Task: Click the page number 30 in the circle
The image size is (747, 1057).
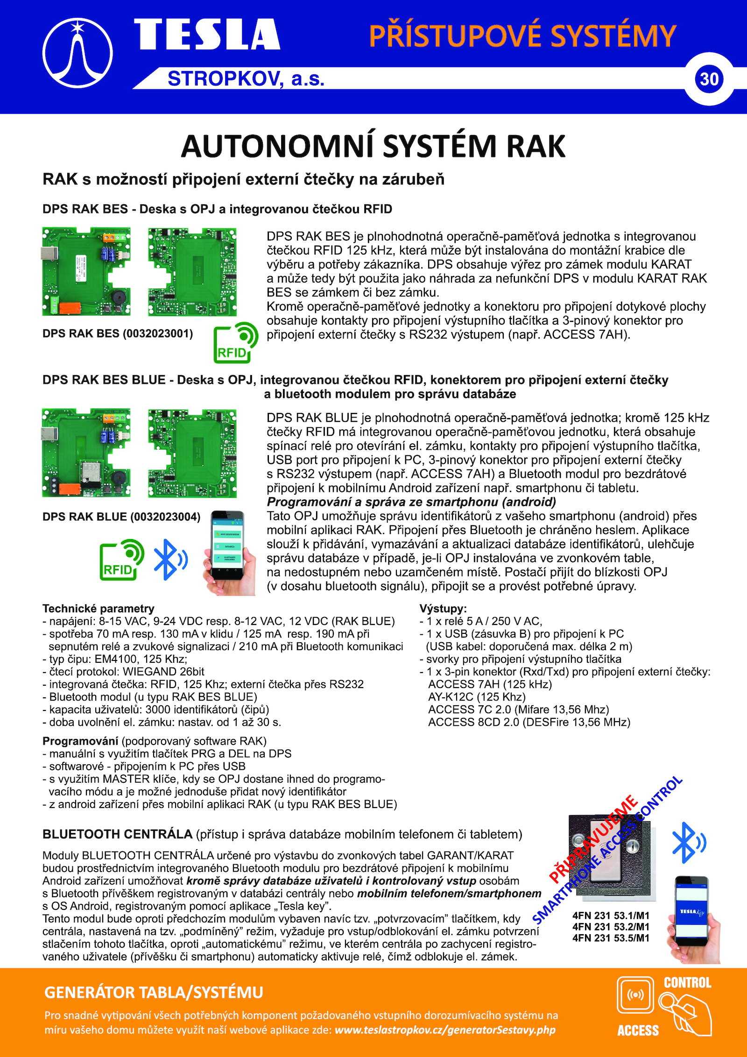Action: tap(709, 79)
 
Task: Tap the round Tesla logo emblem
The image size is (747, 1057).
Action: tap(78, 53)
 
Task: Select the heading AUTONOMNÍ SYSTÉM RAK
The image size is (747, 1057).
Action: tap(373, 146)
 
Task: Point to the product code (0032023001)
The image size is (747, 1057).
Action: tap(158, 333)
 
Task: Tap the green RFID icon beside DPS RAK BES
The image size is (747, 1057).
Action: tap(235, 342)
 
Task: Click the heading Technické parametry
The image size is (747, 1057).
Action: tap(98, 609)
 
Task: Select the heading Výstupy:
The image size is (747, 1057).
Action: tap(443, 609)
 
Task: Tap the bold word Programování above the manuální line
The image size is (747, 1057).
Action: tap(80, 741)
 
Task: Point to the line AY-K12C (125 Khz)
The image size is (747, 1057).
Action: tap(477, 697)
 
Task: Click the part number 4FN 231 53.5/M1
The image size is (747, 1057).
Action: tap(611, 938)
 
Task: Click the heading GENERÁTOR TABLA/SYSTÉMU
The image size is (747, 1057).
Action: tap(154, 993)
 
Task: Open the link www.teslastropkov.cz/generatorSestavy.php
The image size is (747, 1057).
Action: tap(445, 1030)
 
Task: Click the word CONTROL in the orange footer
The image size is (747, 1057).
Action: tap(687, 983)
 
